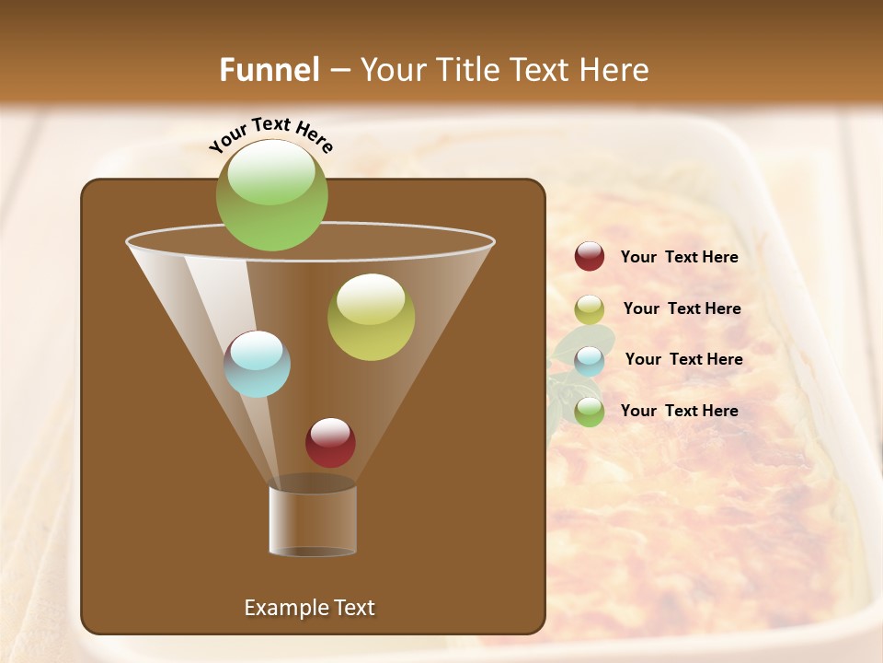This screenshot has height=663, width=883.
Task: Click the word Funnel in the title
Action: pos(269,70)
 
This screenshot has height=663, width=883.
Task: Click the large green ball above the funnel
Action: pos(272,195)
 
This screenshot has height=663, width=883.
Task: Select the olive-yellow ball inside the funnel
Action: pos(372,317)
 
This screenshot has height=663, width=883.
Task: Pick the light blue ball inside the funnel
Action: pos(258,364)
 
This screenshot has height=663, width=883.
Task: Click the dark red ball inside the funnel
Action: pos(331,443)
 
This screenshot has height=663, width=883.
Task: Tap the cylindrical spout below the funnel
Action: pos(313,520)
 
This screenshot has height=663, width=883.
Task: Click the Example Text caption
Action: pos(309,608)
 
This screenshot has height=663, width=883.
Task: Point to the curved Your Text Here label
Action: pos(271,134)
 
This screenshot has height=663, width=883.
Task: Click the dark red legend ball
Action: pos(590,257)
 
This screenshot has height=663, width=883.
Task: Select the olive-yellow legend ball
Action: pos(590,309)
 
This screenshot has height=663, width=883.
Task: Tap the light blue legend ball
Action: pos(590,361)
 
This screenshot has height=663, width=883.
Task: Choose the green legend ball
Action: pos(590,412)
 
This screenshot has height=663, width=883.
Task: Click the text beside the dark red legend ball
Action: pos(679,258)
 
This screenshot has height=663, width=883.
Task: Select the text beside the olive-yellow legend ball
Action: pos(682,309)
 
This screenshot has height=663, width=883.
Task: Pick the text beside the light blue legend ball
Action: pos(683,360)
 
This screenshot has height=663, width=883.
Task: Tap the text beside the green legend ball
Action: pos(679,411)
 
